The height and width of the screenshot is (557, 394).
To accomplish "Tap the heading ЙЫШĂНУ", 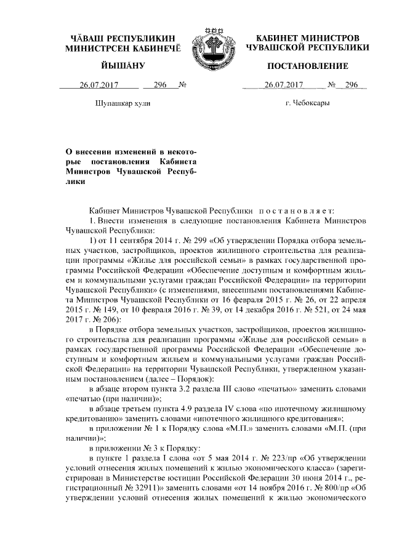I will coord(123,66).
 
